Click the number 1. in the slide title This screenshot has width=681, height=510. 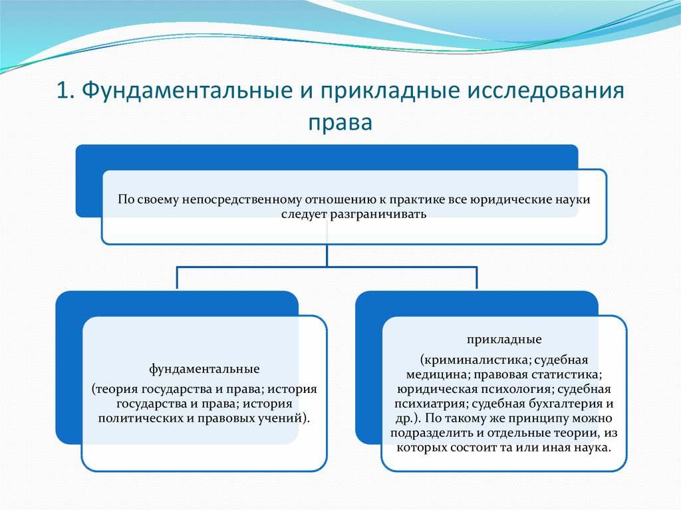(65, 91)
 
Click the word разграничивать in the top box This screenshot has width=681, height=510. (378, 215)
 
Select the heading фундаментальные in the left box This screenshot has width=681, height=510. (205, 369)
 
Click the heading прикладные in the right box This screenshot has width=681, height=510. (504, 340)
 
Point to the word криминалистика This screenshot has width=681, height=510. (476, 360)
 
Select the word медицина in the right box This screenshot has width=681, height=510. (438, 375)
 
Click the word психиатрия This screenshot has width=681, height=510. (431, 404)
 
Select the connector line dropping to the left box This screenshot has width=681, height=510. (177, 278)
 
